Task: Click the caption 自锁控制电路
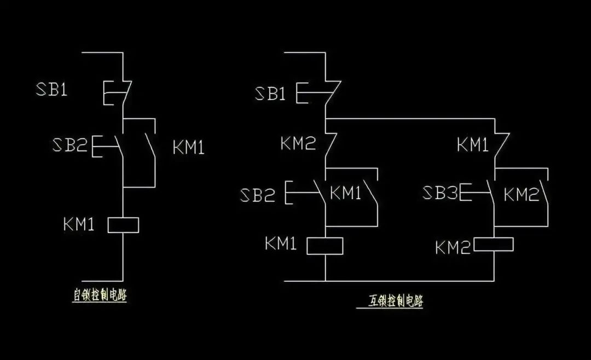pyautogui.click(x=100, y=295)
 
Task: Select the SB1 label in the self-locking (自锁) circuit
pyautogui.click(x=52, y=89)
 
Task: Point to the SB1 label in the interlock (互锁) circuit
pyautogui.click(x=270, y=94)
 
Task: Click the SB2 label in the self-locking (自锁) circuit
pyautogui.click(x=69, y=145)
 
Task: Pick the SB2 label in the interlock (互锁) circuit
pyautogui.click(x=257, y=195)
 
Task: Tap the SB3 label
pyautogui.click(x=441, y=193)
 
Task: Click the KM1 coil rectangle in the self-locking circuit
pyautogui.click(x=123, y=225)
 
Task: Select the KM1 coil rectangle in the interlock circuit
pyautogui.click(x=325, y=246)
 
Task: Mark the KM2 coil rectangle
pyautogui.click(x=493, y=244)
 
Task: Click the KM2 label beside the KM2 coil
pyautogui.click(x=453, y=248)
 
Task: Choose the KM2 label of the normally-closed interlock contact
pyautogui.click(x=298, y=144)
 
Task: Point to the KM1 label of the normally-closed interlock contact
pyautogui.click(x=473, y=145)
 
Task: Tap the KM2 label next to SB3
pyautogui.click(x=521, y=194)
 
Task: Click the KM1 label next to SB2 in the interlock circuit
pyautogui.click(x=345, y=193)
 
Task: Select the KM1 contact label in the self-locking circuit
pyautogui.click(x=188, y=148)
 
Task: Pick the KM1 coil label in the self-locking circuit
pyautogui.click(x=79, y=224)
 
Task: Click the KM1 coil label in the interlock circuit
pyautogui.click(x=281, y=243)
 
